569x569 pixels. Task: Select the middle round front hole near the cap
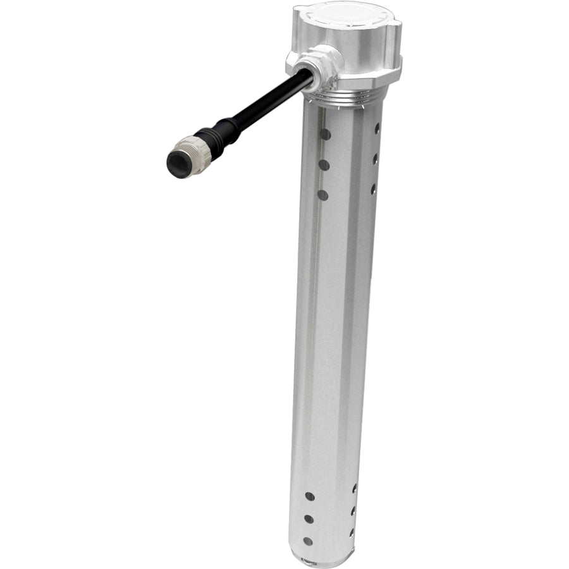tap(324, 164)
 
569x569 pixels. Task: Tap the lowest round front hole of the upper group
tap(323, 195)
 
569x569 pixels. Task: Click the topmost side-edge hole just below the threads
tap(377, 128)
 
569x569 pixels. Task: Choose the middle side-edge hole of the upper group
tap(376, 158)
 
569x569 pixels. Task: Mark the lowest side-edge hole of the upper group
tap(374, 188)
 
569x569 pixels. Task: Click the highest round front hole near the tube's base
tap(310, 496)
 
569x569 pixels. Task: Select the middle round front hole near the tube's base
tap(309, 518)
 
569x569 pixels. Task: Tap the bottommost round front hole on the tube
tap(308, 541)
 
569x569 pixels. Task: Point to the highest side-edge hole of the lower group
tap(355, 488)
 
